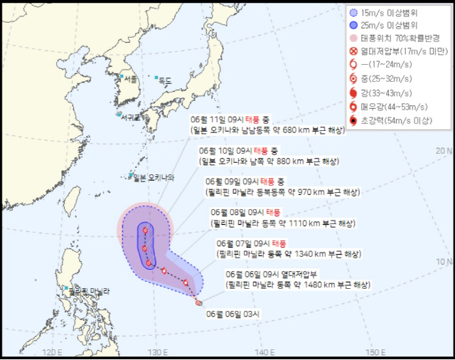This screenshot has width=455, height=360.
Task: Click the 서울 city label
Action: coord(129,79)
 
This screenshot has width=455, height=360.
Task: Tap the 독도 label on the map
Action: coord(164,80)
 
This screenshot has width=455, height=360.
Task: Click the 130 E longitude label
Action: coord(157,352)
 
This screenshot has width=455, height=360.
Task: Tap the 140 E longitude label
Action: coord(264,352)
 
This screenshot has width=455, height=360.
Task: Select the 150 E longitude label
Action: coord(374,352)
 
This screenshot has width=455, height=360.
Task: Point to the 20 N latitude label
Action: coord(444,151)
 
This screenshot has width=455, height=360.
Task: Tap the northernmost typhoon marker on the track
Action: coord(146,230)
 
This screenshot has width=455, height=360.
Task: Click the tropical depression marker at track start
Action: coord(198,304)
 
